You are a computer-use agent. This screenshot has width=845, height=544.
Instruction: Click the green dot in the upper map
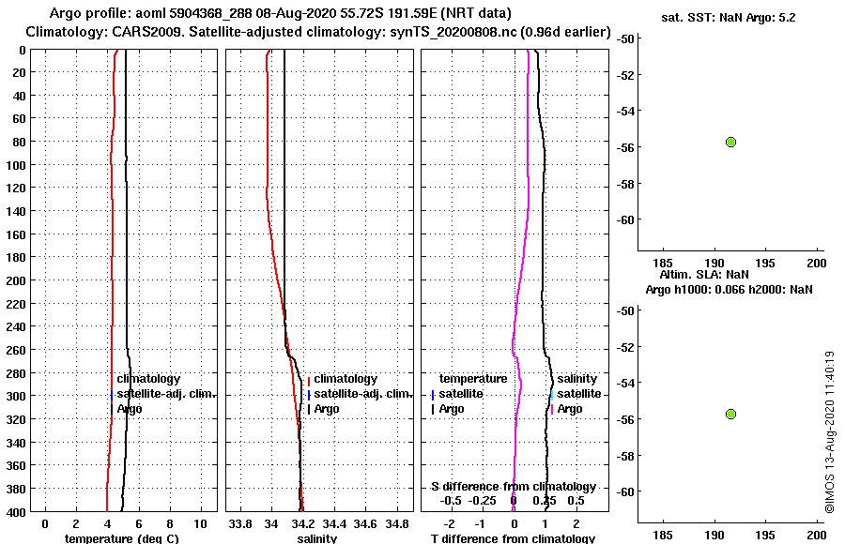(730, 142)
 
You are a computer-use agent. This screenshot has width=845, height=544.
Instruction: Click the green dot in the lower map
(730, 414)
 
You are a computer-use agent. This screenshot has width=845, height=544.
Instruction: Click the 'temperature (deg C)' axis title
(121, 538)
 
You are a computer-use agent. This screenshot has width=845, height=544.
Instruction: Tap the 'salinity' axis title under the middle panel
(317, 538)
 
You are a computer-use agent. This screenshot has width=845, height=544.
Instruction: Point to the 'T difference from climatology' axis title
(513, 538)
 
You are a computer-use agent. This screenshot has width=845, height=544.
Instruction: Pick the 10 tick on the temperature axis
(200, 522)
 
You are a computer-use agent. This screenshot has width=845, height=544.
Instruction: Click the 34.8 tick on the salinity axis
(397, 522)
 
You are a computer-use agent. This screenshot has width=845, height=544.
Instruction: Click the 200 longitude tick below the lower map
(816, 536)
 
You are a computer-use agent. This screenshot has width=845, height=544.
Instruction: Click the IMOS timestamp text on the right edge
(829, 431)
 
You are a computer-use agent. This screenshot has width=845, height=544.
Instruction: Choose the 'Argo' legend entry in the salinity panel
(327, 409)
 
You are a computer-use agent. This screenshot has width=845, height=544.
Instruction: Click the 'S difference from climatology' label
(513, 487)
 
